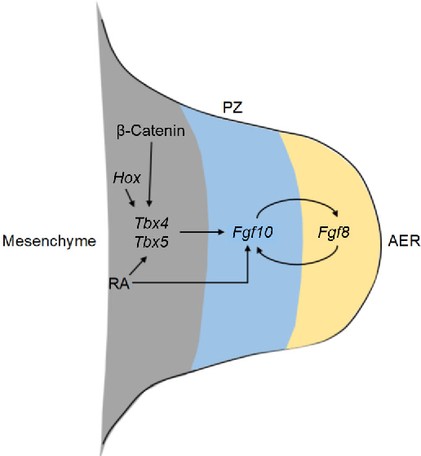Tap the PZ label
coord(232,106)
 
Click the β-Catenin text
coord(149,132)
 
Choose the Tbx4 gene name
coord(149,223)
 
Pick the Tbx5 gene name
coord(149,241)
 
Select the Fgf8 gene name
coord(334,233)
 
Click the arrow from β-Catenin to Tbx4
coord(149,175)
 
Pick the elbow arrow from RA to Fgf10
coord(204,283)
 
